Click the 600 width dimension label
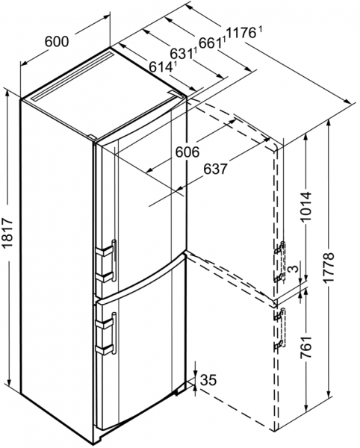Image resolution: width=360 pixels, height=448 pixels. (57, 42)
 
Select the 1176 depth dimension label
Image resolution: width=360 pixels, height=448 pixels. (241, 34)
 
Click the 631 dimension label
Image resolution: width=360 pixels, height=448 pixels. (181, 54)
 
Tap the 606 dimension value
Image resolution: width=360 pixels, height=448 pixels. (187, 152)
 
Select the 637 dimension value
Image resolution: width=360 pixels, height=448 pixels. (216, 169)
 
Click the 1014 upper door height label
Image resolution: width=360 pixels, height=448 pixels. (305, 207)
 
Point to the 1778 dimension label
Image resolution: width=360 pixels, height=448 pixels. (329, 267)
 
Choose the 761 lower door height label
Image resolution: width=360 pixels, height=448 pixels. (305, 348)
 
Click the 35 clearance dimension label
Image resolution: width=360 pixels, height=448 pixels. (208, 380)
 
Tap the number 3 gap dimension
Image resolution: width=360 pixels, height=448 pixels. (294, 269)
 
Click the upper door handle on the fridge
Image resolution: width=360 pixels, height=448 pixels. (108, 261)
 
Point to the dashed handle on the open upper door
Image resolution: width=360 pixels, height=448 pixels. (280, 261)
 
